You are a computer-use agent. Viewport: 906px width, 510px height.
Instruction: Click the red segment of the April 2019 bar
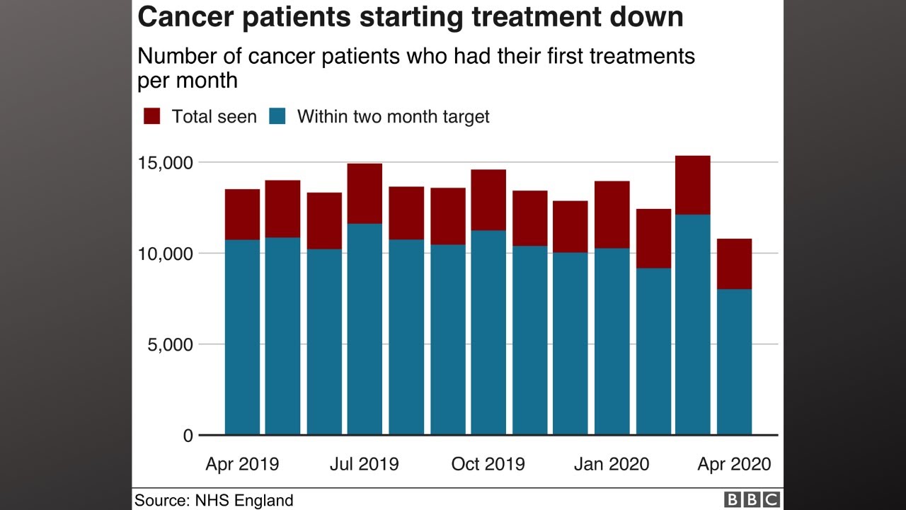pyautogui.click(x=242, y=214)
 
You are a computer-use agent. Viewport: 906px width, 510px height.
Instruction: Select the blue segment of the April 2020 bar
pyautogui.click(x=734, y=361)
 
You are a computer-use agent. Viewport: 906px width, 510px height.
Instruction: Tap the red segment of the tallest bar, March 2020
pyautogui.click(x=692, y=184)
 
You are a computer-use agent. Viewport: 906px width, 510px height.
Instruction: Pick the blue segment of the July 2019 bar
pyautogui.click(x=365, y=329)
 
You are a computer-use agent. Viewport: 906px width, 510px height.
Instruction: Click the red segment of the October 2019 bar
pyautogui.click(x=488, y=200)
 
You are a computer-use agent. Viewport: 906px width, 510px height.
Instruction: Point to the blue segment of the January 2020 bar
pyautogui.click(x=612, y=340)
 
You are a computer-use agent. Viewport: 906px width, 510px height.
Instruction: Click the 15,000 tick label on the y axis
pyautogui.click(x=164, y=163)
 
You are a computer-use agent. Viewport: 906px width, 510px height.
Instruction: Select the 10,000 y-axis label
pyautogui.click(x=164, y=254)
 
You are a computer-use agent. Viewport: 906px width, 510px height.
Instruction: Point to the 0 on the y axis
pyautogui.click(x=188, y=436)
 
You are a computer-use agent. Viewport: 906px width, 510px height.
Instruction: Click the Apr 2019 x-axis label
pyautogui.click(x=242, y=464)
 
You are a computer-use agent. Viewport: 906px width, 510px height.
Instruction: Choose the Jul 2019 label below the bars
pyautogui.click(x=365, y=464)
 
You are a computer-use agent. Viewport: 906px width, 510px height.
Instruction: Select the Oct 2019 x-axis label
pyautogui.click(x=488, y=464)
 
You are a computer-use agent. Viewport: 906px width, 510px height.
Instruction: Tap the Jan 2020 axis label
pyautogui.click(x=612, y=464)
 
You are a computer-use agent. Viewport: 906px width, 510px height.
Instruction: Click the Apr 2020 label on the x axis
pyautogui.click(x=734, y=464)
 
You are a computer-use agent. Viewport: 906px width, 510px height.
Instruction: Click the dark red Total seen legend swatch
pyautogui.click(x=152, y=116)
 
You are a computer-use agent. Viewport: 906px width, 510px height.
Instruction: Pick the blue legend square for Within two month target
pyautogui.click(x=277, y=116)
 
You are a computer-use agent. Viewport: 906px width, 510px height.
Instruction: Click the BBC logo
pyautogui.click(x=752, y=500)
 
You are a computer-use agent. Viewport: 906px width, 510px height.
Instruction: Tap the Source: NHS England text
pyautogui.click(x=214, y=501)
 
